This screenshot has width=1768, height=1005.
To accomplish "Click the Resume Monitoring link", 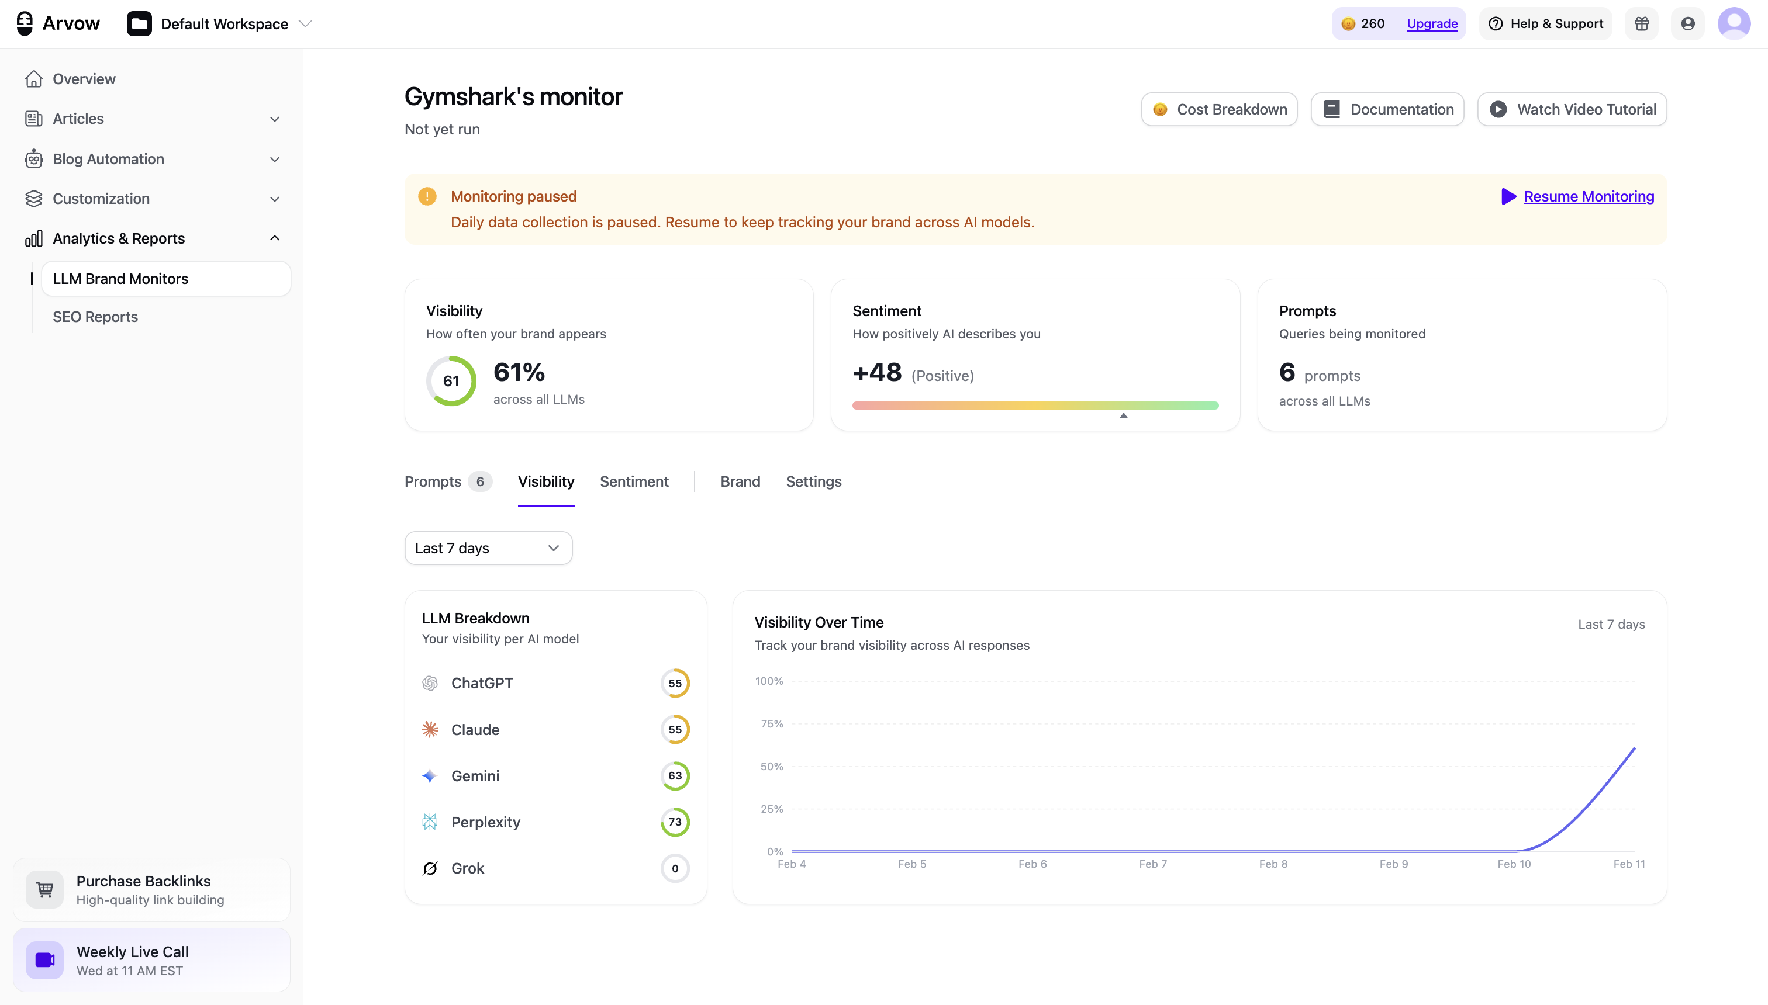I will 1588,197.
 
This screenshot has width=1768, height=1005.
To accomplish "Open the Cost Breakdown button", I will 1219,110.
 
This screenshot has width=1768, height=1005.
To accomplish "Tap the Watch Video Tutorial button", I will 1572,110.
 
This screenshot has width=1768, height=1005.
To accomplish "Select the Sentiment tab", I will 633,482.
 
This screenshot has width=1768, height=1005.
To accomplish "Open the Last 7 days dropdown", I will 488,548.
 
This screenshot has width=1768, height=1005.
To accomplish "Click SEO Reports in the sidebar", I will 95,317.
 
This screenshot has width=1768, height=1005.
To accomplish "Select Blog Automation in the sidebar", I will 108,160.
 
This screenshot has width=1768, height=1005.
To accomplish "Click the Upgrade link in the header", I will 1432,24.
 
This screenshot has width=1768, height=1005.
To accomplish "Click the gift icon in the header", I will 1641,24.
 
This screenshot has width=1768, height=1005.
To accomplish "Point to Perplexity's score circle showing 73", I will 675,822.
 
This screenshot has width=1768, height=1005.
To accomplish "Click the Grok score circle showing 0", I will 675,868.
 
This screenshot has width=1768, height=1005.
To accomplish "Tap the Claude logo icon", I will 430,730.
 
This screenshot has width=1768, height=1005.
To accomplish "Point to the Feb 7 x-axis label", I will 1153,864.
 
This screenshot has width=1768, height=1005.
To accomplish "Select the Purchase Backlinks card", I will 151,890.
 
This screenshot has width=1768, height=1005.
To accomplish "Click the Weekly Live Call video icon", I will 45,960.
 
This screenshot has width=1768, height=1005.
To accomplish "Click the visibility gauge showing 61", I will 451,381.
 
